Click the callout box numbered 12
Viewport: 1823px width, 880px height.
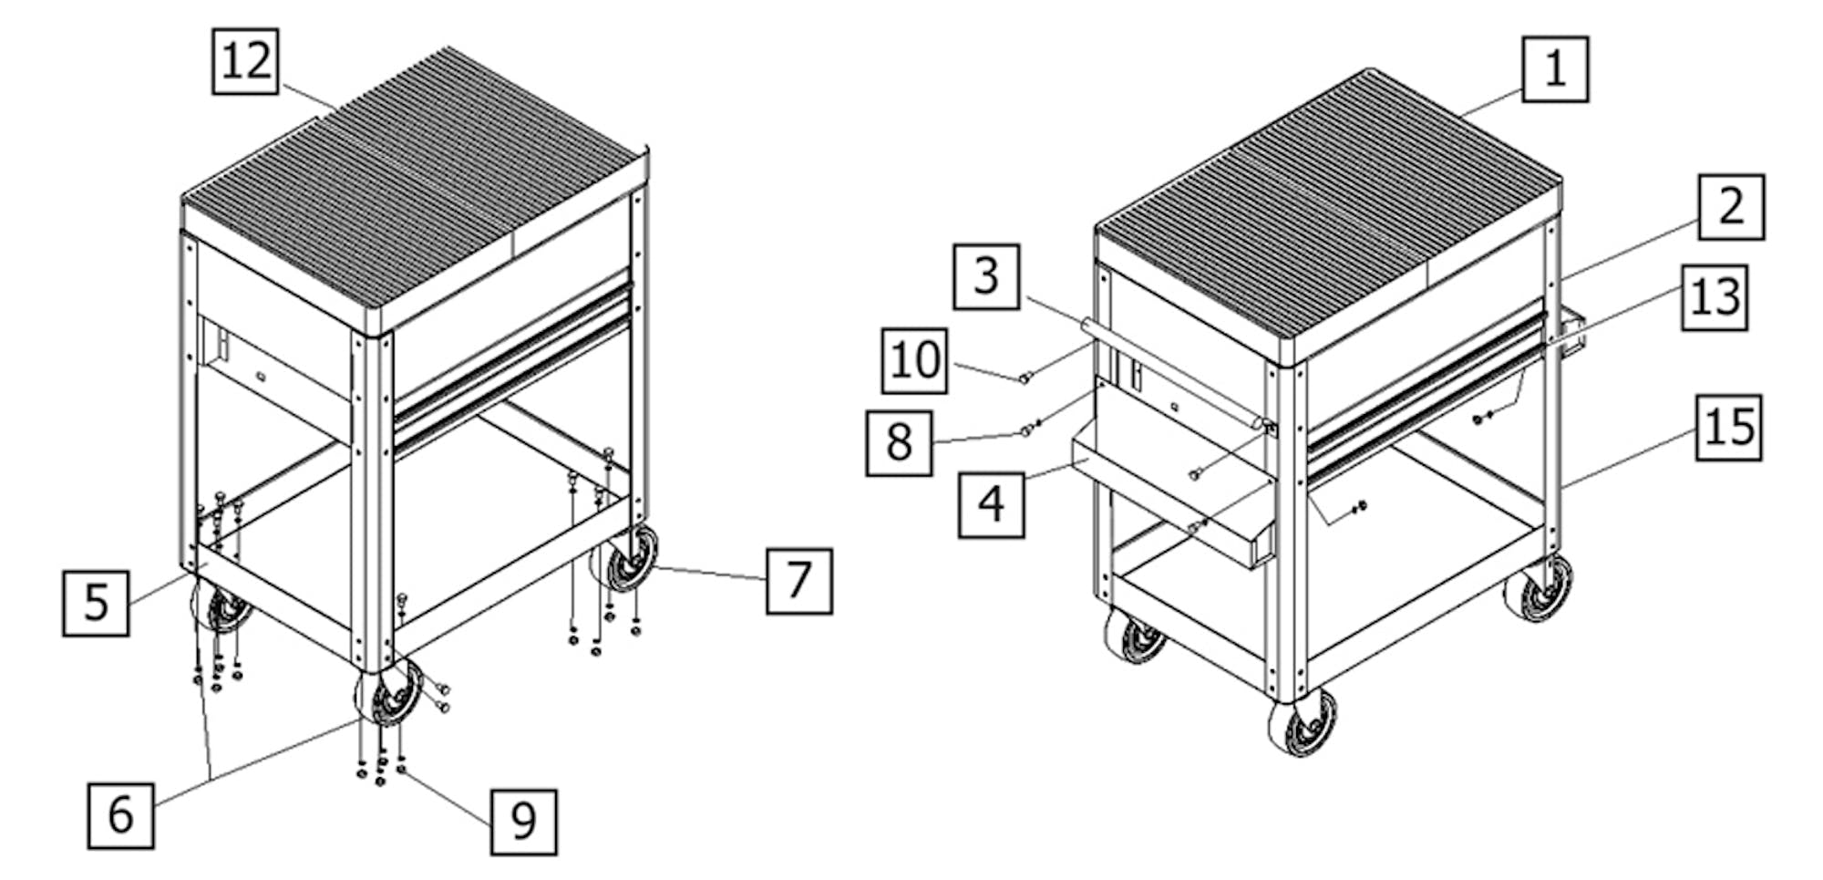[x=245, y=61]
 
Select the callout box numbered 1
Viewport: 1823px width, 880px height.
[x=1554, y=69]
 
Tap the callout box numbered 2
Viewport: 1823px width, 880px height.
[x=1731, y=207]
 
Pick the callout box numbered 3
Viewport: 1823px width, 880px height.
[x=986, y=276]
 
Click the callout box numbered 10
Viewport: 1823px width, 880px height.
[x=914, y=361]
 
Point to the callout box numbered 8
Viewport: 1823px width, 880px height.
[x=899, y=443]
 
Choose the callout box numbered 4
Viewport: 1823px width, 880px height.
[x=992, y=504]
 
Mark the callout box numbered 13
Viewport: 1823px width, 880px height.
[x=1715, y=297]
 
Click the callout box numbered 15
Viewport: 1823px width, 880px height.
[x=1729, y=428]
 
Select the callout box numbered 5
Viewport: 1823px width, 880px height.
[x=96, y=603]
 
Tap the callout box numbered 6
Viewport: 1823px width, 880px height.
[x=120, y=815]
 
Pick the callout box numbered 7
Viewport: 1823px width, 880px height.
[x=798, y=581]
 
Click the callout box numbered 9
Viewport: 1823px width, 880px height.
[x=523, y=822]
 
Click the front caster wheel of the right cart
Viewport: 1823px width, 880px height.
[x=1303, y=722]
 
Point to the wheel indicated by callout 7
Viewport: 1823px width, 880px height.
[x=624, y=557]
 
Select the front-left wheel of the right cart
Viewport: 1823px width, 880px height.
[x=1134, y=635]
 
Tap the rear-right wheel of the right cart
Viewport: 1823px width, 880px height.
[x=1540, y=588]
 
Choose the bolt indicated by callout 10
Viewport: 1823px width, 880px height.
[x=1025, y=378]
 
